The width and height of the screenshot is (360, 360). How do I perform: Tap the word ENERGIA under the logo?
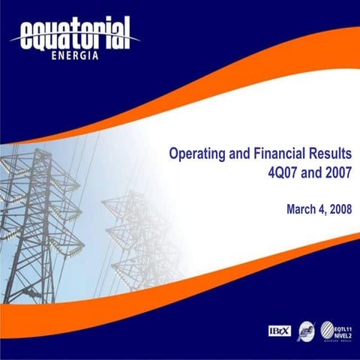point(73,54)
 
